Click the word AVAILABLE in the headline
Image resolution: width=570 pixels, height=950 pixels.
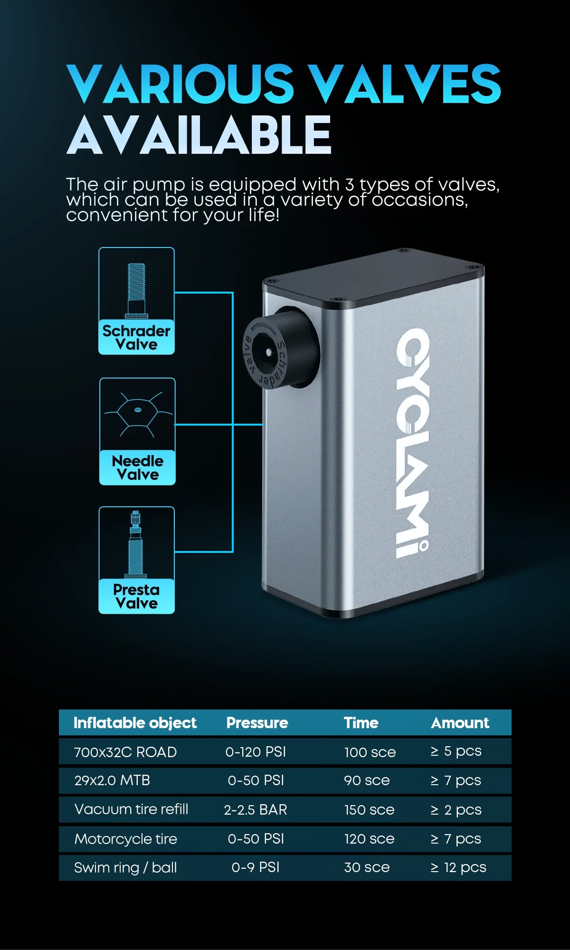[x=199, y=134]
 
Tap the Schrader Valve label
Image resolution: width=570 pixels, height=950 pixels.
[x=136, y=337]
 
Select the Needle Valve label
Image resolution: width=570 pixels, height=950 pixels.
[x=137, y=467]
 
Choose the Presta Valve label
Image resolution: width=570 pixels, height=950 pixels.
[x=136, y=596]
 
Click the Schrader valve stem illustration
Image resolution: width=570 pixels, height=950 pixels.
[x=136, y=290]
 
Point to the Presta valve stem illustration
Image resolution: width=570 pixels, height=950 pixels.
[x=136, y=544]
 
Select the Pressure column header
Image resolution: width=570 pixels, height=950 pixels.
[x=257, y=722]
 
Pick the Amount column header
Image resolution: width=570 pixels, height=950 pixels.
[x=460, y=722]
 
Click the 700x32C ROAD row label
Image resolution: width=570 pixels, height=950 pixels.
[x=125, y=752]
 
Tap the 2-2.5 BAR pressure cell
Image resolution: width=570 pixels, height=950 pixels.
[x=256, y=809]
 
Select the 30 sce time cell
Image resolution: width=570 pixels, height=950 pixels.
[x=367, y=867]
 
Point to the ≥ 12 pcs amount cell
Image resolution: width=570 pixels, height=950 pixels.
[x=458, y=868]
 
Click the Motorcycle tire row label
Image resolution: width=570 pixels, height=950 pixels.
[x=126, y=839]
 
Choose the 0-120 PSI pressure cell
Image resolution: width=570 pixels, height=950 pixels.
[x=256, y=752]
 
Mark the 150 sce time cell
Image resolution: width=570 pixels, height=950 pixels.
[x=369, y=809]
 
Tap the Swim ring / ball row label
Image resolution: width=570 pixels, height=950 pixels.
[x=125, y=868]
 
